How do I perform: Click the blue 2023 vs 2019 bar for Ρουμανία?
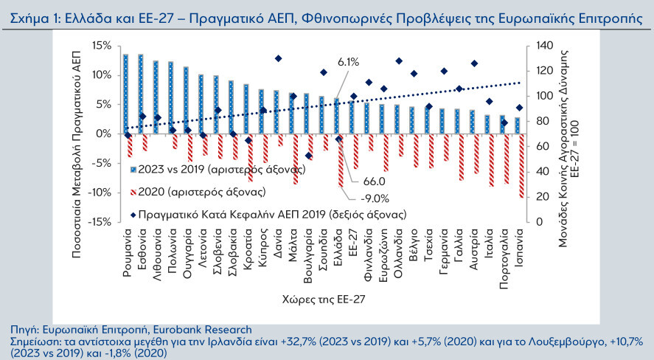(125, 94)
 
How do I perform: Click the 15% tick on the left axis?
(100, 46)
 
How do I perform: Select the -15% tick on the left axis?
(99, 221)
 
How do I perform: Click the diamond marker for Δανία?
(278, 58)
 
